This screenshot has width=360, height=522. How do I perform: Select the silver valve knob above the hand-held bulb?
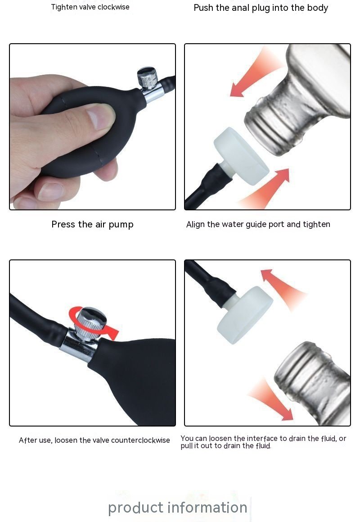click(147, 77)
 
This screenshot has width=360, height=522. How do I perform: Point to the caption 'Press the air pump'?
click(92, 224)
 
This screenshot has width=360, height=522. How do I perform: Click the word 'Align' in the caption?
click(196, 224)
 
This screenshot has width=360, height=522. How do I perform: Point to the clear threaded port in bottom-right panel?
click(306, 378)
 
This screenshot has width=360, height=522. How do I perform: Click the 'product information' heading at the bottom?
click(178, 508)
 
